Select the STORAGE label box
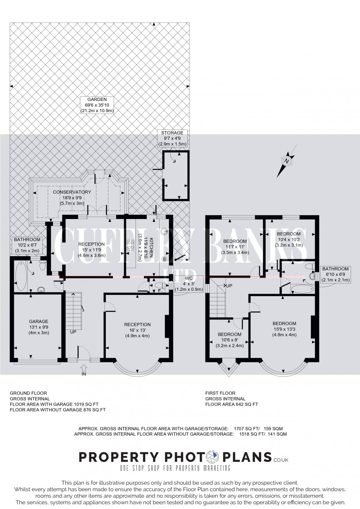coord(173,138)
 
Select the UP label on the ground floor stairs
coord(73,332)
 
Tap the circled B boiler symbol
coord(164,259)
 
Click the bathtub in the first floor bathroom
coord(302,289)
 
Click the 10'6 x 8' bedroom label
coord(229,340)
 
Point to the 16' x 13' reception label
coord(137,330)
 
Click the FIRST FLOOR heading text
coord(220,393)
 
